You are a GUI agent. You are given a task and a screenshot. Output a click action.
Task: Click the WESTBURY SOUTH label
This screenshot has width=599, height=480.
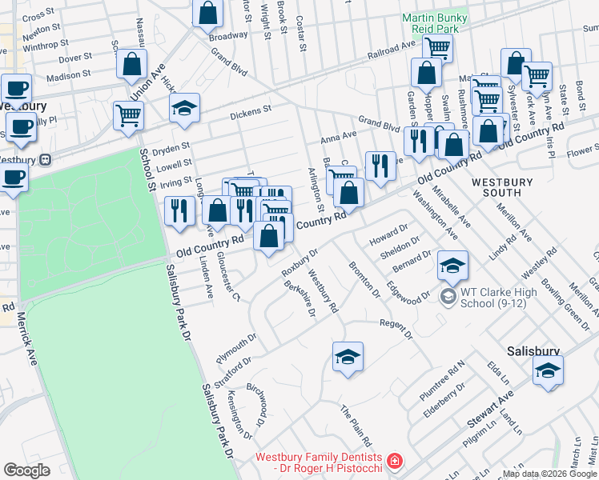501,187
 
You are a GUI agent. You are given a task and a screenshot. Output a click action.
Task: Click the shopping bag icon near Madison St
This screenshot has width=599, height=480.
132,64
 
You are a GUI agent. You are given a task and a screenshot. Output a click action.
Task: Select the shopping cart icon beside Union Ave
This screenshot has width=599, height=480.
128,116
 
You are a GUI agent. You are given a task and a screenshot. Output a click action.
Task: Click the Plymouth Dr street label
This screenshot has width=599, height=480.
235,350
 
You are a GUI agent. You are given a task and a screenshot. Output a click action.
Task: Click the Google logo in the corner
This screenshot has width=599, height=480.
27,470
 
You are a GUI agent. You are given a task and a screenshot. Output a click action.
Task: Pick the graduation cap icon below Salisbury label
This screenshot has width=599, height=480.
548,370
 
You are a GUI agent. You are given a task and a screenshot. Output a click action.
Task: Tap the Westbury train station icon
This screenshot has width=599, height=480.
46,158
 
